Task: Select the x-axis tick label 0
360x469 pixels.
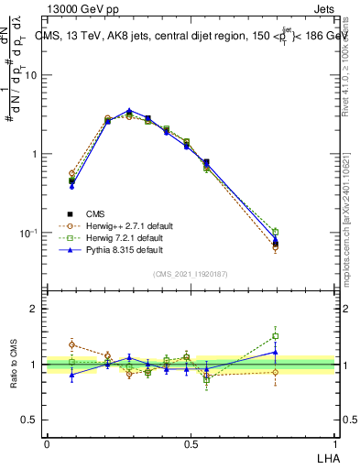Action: [x=47, y=443]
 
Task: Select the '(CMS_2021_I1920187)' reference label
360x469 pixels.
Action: [x=190, y=272]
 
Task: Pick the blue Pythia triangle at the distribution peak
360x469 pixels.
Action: [x=129, y=111]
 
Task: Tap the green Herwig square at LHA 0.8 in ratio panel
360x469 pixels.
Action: [x=275, y=336]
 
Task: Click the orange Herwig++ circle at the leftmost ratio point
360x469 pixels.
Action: [x=71, y=345]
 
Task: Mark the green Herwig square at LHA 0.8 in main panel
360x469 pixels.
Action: [x=275, y=232]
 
